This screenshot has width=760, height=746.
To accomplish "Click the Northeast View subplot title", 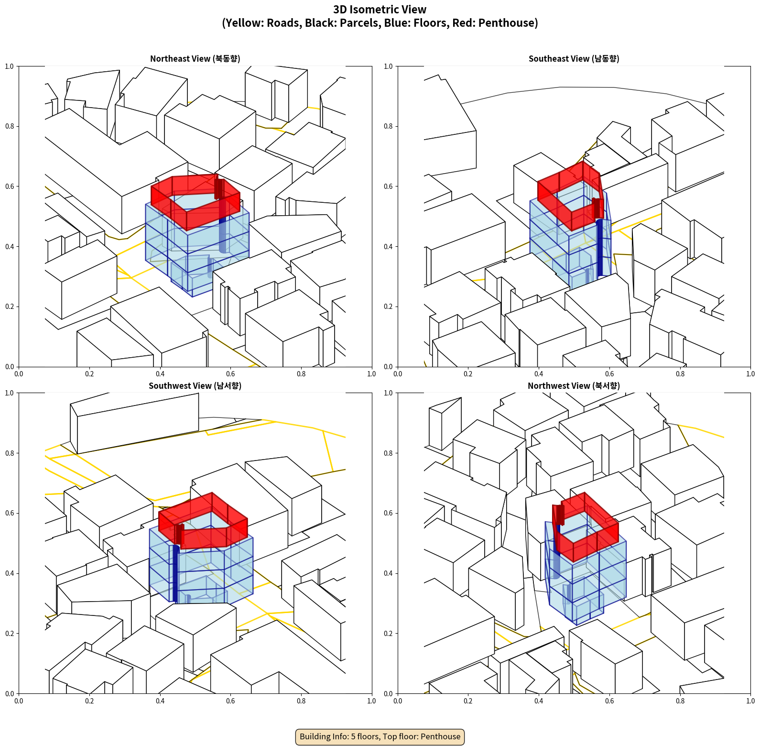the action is pyautogui.click(x=195, y=59).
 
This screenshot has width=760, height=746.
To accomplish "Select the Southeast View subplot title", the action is pyautogui.click(x=574, y=59).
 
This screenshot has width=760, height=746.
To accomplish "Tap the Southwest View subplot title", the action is pyautogui.click(x=195, y=386).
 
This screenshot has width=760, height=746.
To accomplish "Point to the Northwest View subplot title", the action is pyautogui.click(x=574, y=386).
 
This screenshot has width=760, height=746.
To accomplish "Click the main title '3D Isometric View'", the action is pyautogui.click(x=380, y=10).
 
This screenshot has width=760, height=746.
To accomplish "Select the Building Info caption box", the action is pyautogui.click(x=380, y=736).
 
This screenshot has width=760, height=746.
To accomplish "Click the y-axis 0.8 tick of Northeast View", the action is pyautogui.click(x=10, y=126).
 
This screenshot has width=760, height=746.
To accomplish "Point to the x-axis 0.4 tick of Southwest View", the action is pyautogui.click(x=160, y=701).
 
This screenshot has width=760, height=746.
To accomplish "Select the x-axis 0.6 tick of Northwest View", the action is pyautogui.click(x=609, y=701).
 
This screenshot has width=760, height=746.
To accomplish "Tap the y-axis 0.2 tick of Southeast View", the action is pyautogui.click(x=388, y=307).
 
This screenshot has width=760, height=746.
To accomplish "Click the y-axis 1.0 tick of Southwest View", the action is pyautogui.click(x=10, y=393).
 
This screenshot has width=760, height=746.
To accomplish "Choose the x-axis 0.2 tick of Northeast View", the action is pyautogui.click(x=89, y=374).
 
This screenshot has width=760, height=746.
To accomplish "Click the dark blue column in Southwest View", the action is pyautogui.click(x=175, y=574).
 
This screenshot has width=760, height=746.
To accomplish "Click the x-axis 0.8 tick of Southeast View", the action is pyautogui.click(x=680, y=374).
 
